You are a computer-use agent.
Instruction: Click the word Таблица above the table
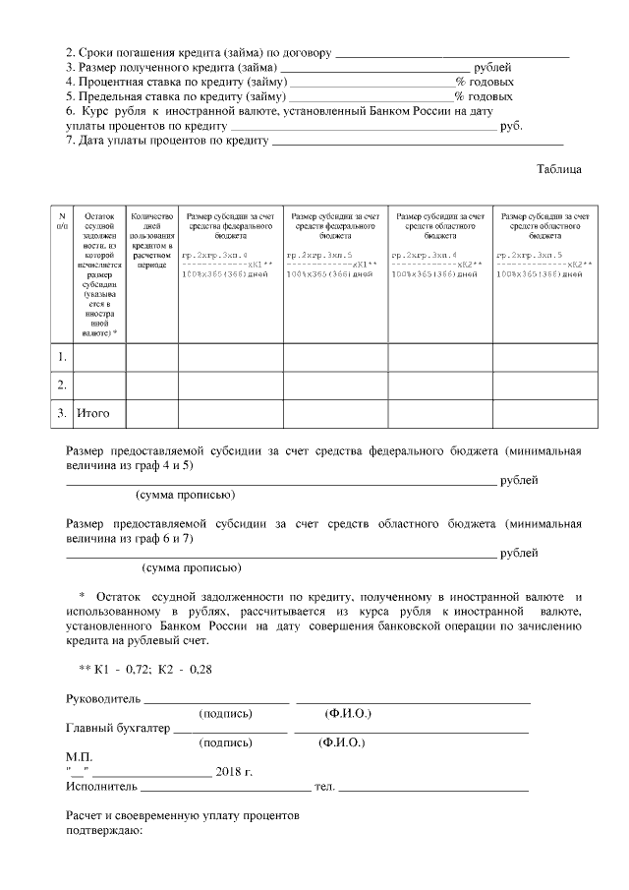558,169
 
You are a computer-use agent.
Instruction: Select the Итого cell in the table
93,413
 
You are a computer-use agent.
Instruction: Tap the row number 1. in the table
62,355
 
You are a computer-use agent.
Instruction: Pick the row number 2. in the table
62,384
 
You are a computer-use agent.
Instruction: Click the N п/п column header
62,220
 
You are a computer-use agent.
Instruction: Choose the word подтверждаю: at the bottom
104,830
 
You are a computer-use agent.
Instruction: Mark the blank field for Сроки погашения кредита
452,52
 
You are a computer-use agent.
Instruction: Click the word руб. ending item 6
511,126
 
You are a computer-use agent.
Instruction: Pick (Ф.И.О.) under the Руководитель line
347,713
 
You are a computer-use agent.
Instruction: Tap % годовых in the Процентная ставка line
483,82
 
